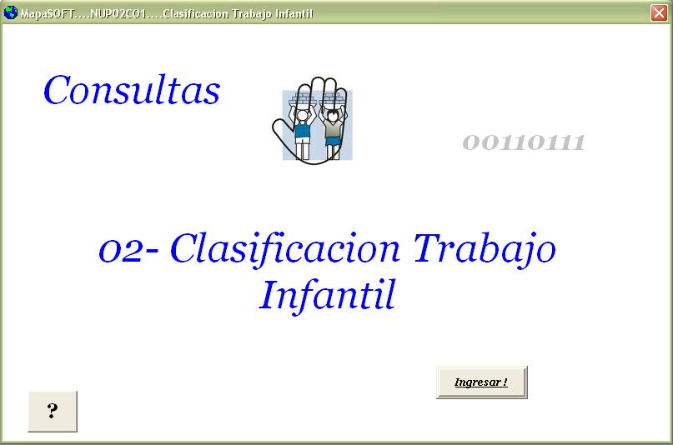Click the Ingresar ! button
[481, 382]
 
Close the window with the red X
[659, 12]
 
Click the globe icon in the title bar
[10, 12]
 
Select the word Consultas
[132, 90]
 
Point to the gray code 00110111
[524, 142]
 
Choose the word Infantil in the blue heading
[327, 296]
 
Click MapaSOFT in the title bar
[48, 13]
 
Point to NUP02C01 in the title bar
[118, 13]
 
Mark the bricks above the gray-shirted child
[333, 98]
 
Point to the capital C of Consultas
[56, 90]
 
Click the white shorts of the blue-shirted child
[303, 142]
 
